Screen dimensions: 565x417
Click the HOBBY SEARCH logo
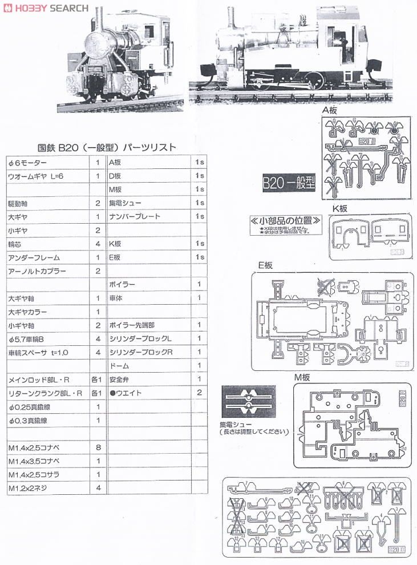[x=45, y=8]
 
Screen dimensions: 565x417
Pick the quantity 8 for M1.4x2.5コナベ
[x=98, y=448]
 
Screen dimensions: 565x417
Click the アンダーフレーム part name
[x=34, y=257]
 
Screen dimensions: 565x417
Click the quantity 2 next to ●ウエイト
[x=199, y=393]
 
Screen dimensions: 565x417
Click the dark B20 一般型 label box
[x=289, y=184]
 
